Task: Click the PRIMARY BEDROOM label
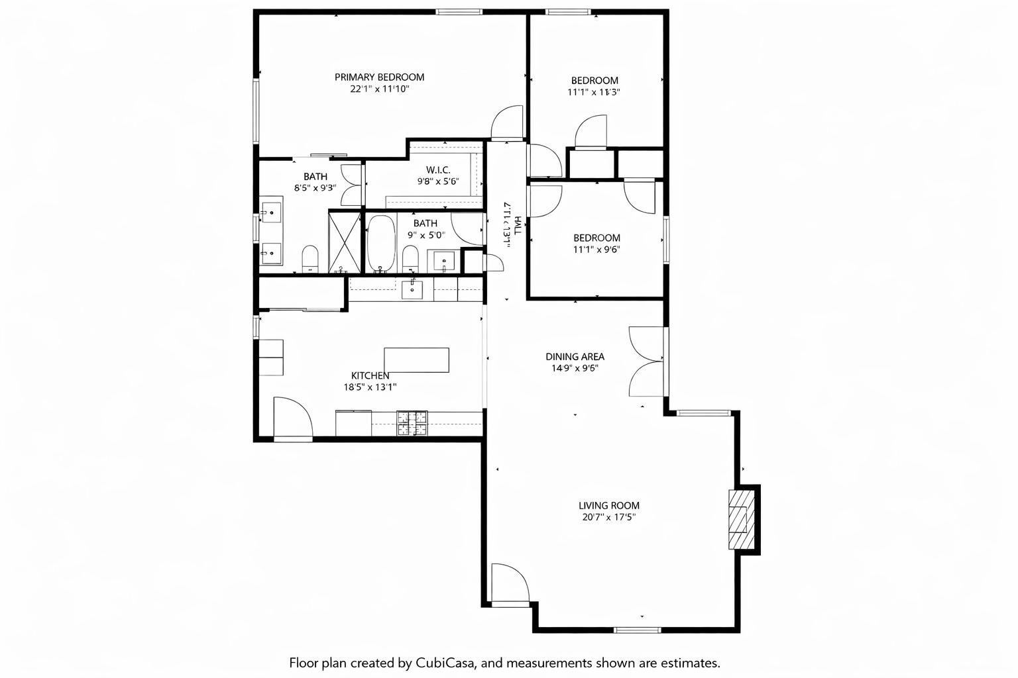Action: (379, 77)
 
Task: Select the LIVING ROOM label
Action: (608, 505)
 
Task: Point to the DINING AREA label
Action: (575, 356)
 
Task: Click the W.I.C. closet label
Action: (438, 169)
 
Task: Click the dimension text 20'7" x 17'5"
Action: (608, 517)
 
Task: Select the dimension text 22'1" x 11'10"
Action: (379, 89)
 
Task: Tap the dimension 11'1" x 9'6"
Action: (596, 250)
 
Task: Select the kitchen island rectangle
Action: (416, 360)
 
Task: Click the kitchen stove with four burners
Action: (412, 423)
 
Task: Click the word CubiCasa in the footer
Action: (447, 662)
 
